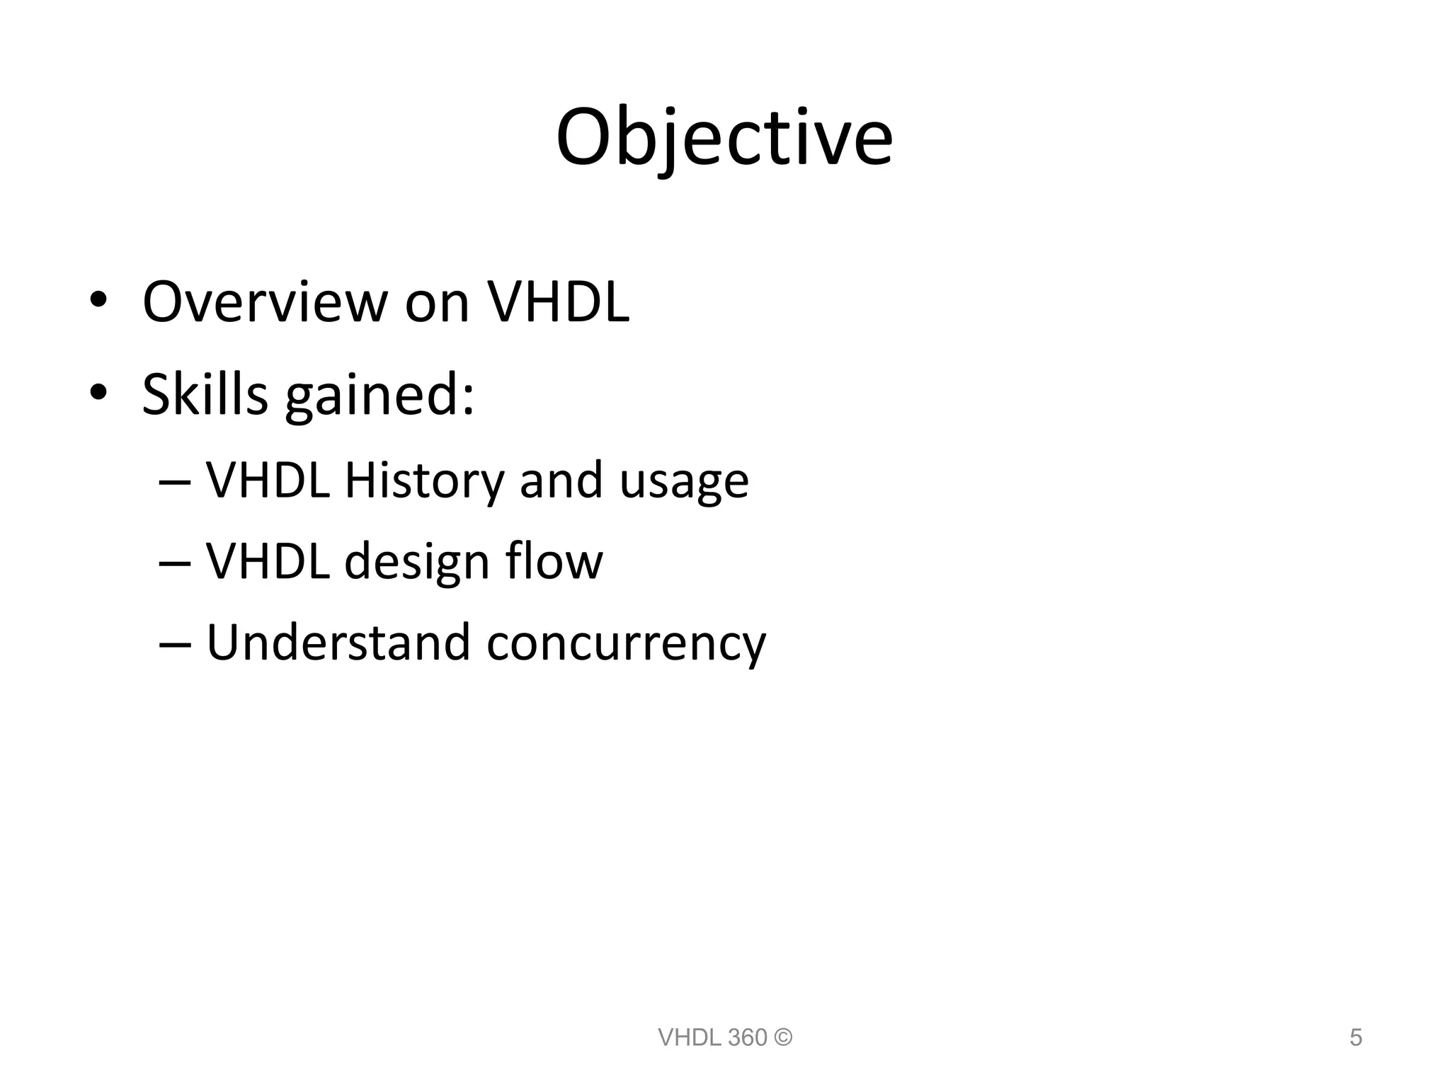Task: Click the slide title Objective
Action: tap(724, 138)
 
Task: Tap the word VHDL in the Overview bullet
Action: tap(559, 302)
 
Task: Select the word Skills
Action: tap(205, 394)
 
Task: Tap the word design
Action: tap(416, 562)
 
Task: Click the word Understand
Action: tap(338, 643)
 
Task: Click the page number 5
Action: tap(1356, 1037)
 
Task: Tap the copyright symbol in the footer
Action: tap(783, 1037)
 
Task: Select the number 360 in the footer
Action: tap(747, 1037)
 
